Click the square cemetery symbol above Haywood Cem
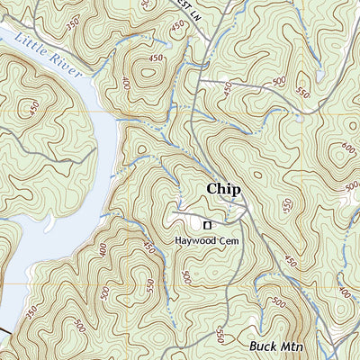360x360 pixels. click(207, 224)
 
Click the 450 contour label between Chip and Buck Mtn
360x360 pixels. click(290, 261)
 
